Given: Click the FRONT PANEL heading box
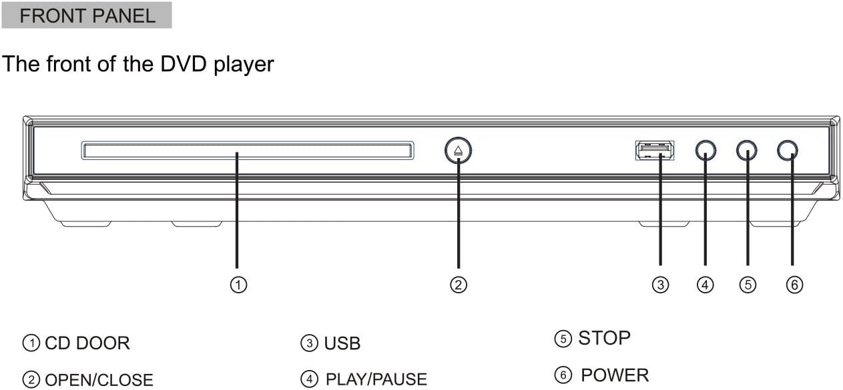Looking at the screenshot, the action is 87,15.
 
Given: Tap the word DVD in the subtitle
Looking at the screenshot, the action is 184,64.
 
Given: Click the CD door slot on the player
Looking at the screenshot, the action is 248,151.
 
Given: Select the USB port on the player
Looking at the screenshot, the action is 655,150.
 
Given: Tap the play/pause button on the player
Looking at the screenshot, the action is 706,150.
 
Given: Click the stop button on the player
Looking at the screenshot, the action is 747,150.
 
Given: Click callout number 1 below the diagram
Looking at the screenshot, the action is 238,285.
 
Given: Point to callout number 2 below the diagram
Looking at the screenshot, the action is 459,285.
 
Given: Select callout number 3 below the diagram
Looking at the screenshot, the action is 661,285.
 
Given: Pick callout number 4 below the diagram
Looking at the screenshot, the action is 706,285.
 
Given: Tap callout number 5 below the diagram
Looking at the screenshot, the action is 748,285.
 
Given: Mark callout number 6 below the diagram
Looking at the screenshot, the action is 794,285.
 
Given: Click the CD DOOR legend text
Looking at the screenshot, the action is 87,343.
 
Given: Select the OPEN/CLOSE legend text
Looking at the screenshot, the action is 99,380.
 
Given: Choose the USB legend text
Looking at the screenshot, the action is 342,343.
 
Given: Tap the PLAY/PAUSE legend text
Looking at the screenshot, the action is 376,379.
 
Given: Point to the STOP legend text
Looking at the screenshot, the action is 605,338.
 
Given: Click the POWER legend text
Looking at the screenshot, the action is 615,375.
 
